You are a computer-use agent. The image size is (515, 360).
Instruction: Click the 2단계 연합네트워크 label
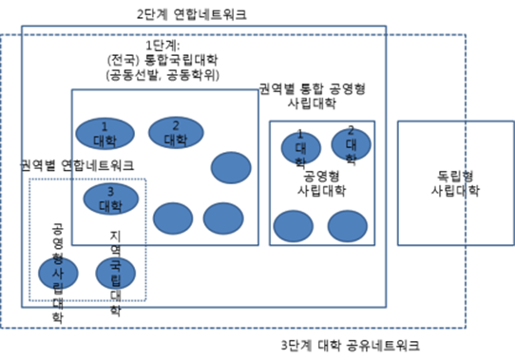[x=200, y=16]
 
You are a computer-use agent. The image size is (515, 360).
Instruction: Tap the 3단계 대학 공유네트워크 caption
[x=352, y=344]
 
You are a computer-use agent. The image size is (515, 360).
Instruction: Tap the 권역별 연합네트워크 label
[x=77, y=165]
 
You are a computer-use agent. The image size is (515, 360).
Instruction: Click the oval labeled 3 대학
[x=110, y=199]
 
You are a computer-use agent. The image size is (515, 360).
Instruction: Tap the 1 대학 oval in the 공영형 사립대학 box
[x=300, y=147]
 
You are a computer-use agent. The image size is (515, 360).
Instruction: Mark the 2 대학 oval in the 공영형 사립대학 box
[x=351, y=143]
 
